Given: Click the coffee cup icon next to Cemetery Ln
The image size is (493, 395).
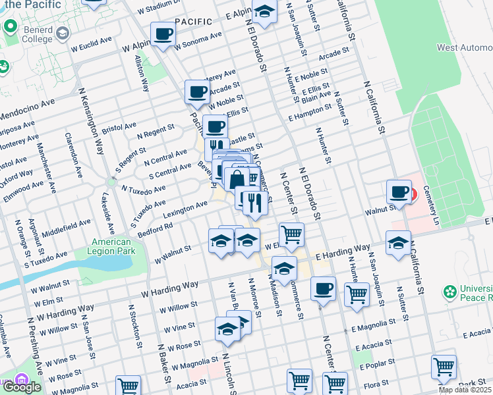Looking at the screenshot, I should tap(398, 192).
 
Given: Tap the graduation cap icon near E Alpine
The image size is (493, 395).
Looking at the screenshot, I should tap(264, 13).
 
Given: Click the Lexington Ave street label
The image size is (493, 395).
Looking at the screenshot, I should tap(185, 209).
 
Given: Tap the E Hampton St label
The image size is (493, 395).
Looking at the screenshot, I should tap(310, 114).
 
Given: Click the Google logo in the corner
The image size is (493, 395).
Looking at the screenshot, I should tap(22, 387).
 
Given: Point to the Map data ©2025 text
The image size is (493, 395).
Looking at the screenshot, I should tap(465, 390).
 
